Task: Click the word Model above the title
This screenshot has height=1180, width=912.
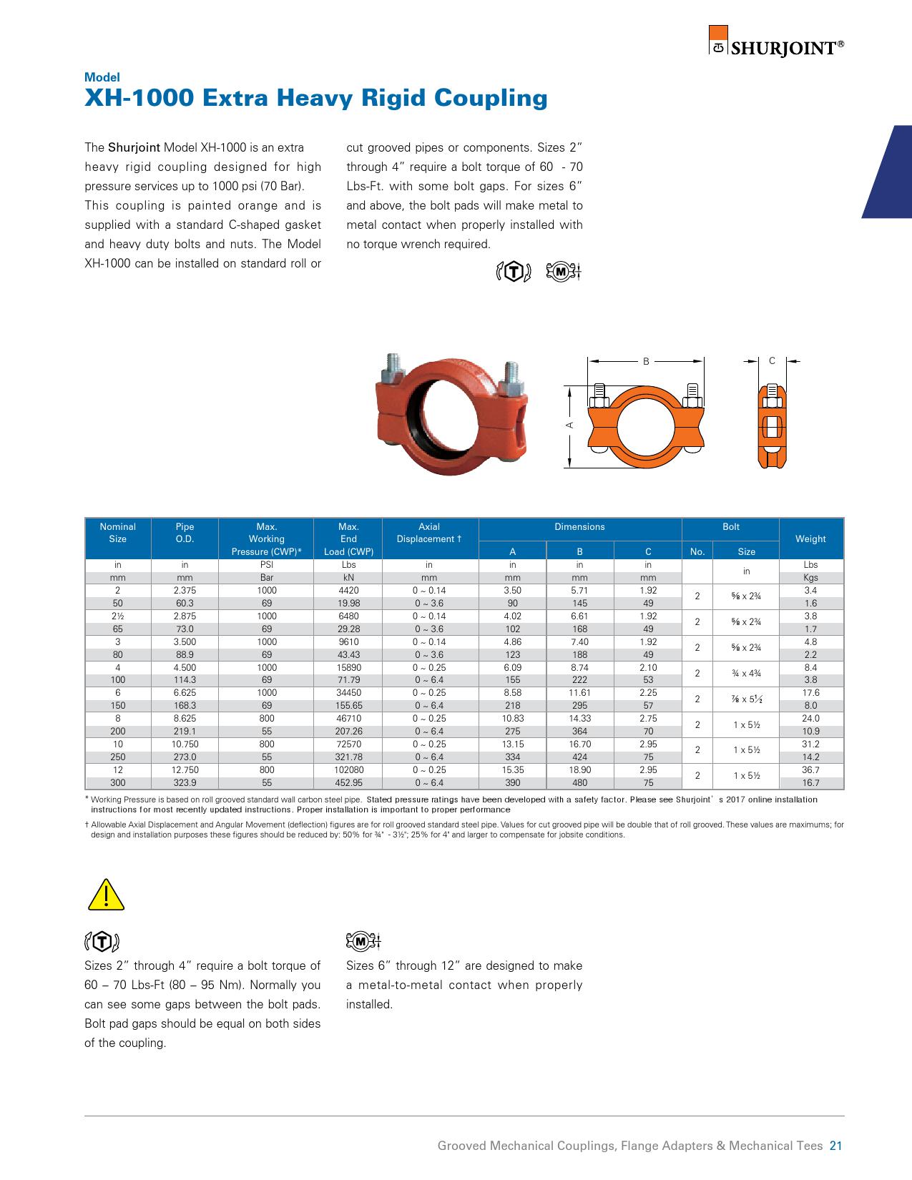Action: [x=102, y=77]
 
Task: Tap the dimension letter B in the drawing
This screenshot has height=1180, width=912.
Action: [x=646, y=362]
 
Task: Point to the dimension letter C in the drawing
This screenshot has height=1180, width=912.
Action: [x=772, y=361]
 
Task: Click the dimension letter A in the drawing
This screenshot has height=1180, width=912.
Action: [x=569, y=425]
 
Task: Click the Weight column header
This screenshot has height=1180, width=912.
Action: [x=810, y=539]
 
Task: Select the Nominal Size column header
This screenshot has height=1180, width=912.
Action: [x=117, y=533]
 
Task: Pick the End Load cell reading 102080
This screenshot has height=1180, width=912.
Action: [x=348, y=770]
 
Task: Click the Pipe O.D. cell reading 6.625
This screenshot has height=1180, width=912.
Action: [x=185, y=693]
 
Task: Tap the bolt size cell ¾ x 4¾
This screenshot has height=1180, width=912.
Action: [x=746, y=674]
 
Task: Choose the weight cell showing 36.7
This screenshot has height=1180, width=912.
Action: [x=810, y=770]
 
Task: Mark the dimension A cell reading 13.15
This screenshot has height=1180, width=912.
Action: [x=512, y=744]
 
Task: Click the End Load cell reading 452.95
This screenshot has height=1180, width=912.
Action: [x=348, y=783]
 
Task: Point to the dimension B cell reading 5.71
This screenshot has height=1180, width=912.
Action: [x=579, y=591]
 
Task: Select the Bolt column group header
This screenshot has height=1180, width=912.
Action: [x=730, y=527]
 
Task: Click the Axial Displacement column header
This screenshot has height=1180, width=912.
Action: [x=429, y=533]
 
